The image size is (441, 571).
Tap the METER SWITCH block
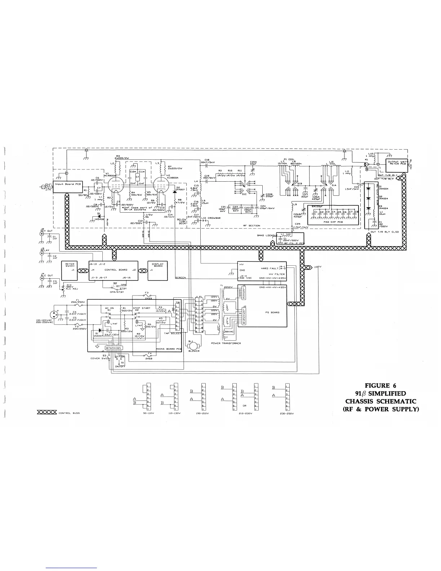coord(70,270)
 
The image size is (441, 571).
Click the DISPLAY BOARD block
coord(158,270)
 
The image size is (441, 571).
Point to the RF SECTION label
coord(251,226)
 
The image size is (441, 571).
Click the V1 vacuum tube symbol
coord(113,182)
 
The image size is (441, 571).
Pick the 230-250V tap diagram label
coord(288,414)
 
